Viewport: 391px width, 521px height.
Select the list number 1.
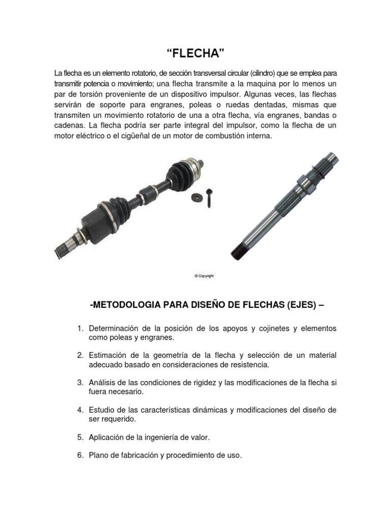(x=80, y=329)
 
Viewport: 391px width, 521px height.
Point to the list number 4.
(x=80, y=410)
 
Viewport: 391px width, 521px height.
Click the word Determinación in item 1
(x=114, y=329)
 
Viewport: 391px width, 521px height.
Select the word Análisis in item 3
(x=102, y=382)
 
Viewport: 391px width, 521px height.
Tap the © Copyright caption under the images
(x=204, y=276)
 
